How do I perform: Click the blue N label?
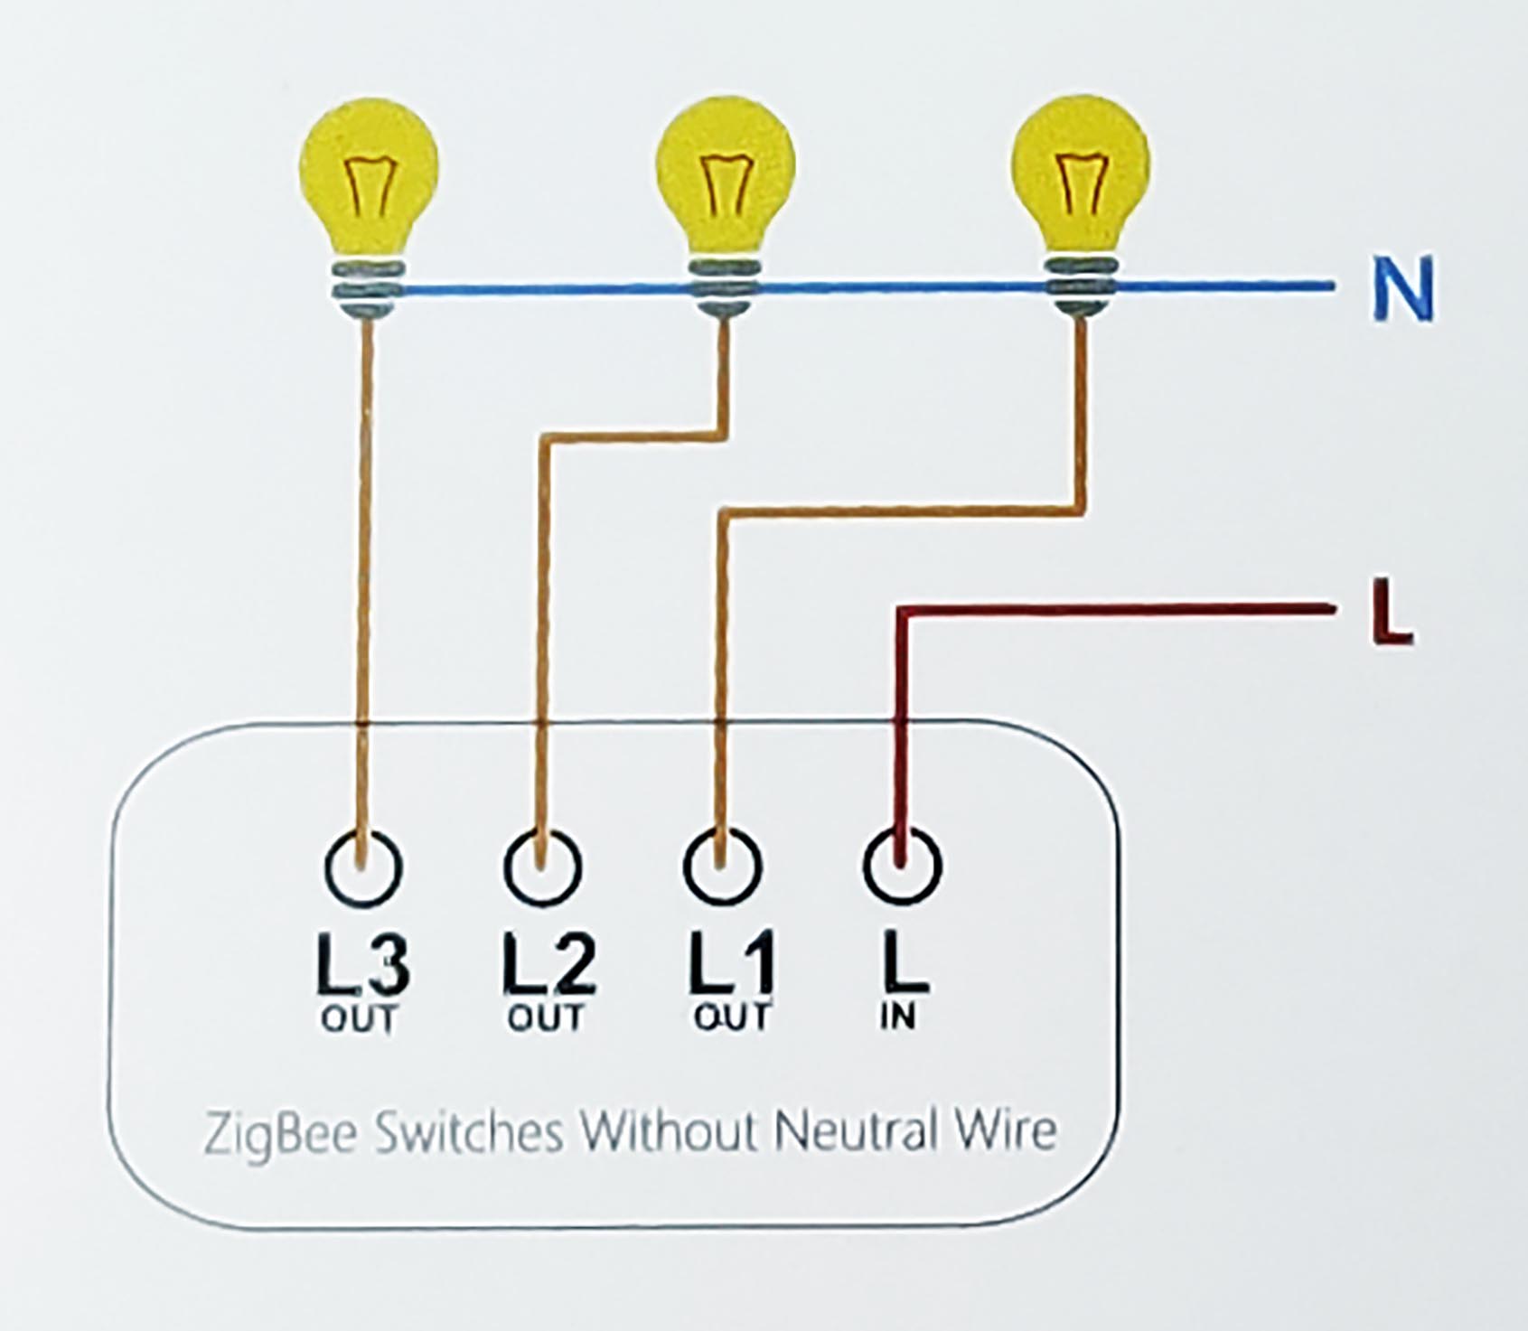pyautogui.click(x=1402, y=289)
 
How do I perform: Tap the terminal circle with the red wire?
pyautogui.click(x=902, y=866)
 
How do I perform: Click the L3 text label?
pyautogui.click(x=362, y=965)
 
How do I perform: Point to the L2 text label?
pyautogui.click(x=548, y=965)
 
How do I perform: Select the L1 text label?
pyautogui.click(x=731, y=965)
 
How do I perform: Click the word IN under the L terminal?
pyautogui.click(x=898, y=1017)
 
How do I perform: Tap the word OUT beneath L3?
pyautogui.click(x=359, y=1019)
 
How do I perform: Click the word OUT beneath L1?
pyautogui.click(x=731, y=1017)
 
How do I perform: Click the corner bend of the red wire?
pyautogui.click(x=901, y=614)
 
